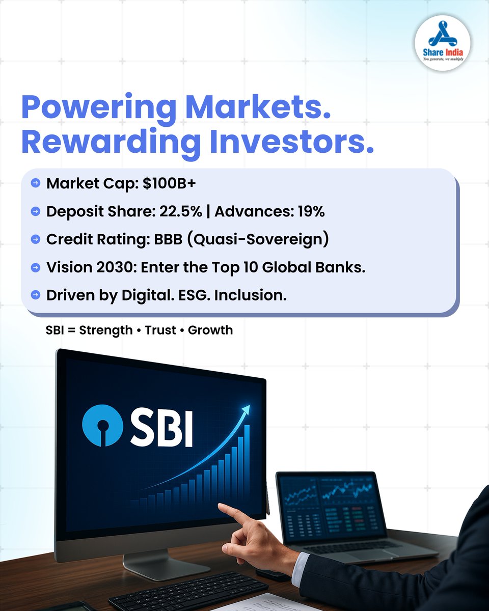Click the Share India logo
[x=443, y=43]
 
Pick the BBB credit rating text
[x=164, y=239]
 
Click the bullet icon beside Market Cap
[x=35, y=183]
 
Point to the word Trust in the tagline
[x=160, y=330]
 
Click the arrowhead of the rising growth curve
[x=246, y=409]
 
